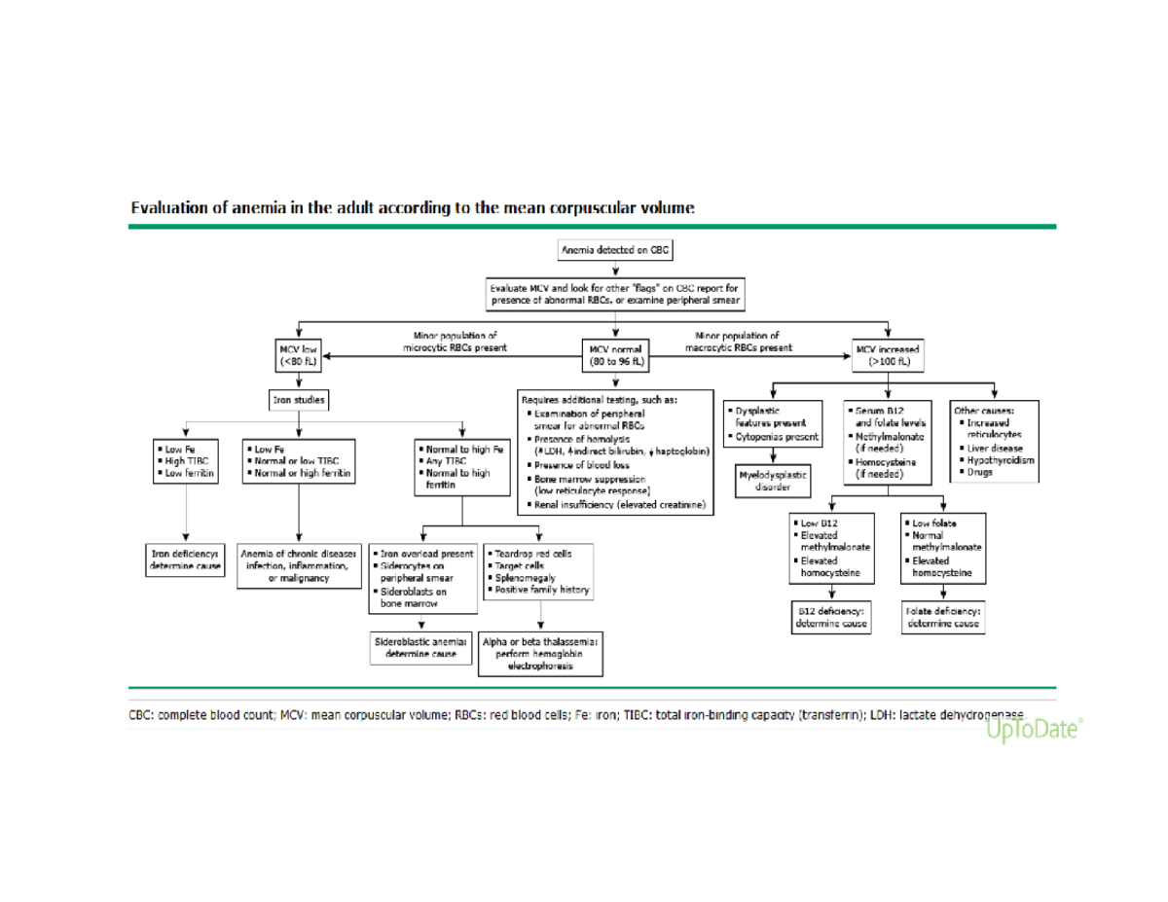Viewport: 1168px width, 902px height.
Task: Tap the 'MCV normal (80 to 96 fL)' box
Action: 615,355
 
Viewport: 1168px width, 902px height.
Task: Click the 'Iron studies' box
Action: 299,399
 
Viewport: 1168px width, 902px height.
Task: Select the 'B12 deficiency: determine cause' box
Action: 832,618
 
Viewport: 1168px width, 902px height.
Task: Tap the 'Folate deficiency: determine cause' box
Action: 943,618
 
